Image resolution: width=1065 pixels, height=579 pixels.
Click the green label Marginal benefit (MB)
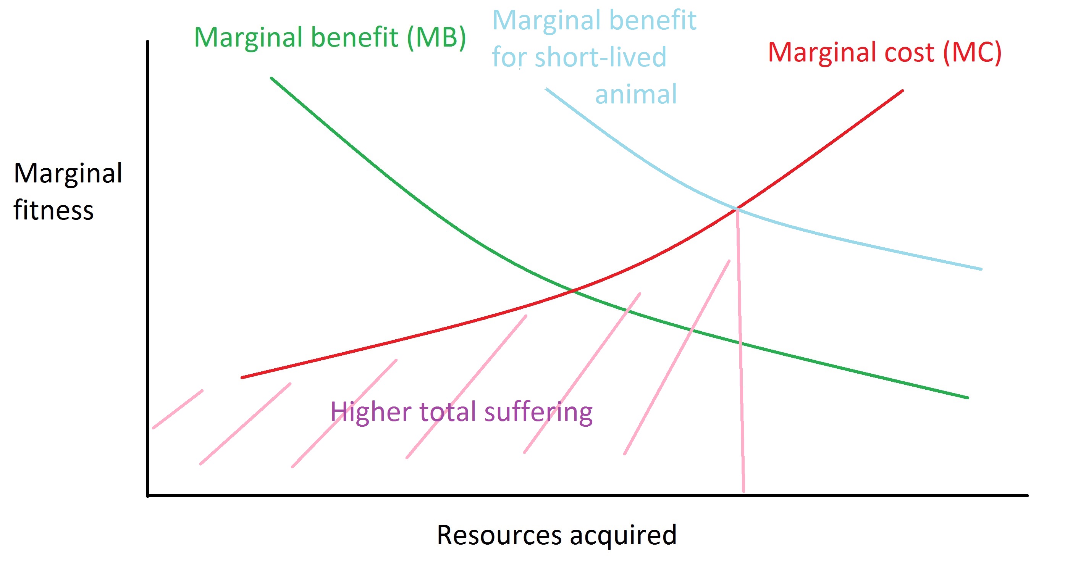[x=330, y=38]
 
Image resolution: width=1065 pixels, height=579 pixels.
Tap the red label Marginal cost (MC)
[x=884, y=53]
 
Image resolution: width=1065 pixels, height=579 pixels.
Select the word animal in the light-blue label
[x=636, y=94]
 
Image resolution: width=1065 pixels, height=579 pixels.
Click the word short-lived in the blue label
[x=600, y=56]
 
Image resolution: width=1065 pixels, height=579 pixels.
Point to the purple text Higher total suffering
[x=461, y=412]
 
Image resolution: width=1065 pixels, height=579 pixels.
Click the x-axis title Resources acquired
[x=556, y=535]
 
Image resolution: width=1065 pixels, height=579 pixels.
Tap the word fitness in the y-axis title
[x=54, y=210]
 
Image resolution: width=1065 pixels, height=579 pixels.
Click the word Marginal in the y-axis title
[x=68, y=174]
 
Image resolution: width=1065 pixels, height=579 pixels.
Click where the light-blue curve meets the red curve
[x=737, y=209]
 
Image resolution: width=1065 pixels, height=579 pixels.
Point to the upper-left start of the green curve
[x=272, y=78]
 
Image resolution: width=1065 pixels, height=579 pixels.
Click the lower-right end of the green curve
[x=967, y=398]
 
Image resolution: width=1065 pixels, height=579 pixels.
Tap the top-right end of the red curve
[x=902, y=91]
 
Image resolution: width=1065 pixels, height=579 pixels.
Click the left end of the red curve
[x=242, y=377]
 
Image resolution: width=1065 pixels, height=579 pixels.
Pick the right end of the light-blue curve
[x=981, y=269]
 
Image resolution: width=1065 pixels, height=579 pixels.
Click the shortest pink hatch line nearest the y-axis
[x=178, y=409]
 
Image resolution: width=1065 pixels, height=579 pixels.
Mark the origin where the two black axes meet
[x=148, y=495]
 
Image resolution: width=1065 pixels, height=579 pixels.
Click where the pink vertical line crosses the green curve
[x=740, y=343]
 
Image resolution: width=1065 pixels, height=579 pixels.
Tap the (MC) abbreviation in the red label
[x=972, y=53]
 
